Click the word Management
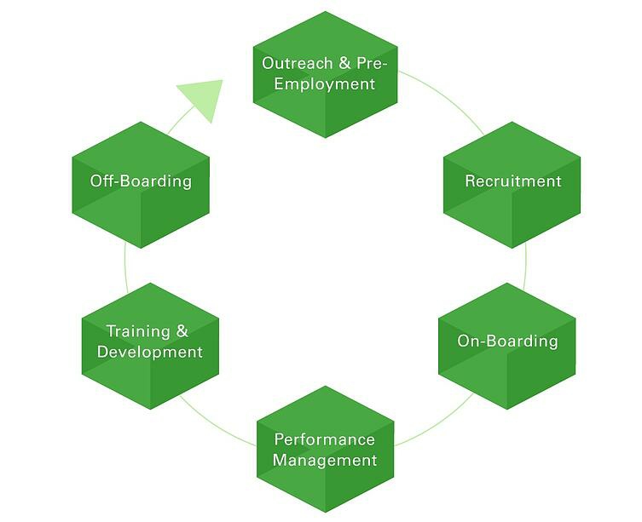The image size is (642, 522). (325, 461)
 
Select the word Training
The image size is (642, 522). (136, 331)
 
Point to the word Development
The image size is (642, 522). (150, 352)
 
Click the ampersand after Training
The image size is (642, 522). (182, 331)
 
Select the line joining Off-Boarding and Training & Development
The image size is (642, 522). (125, 264)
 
